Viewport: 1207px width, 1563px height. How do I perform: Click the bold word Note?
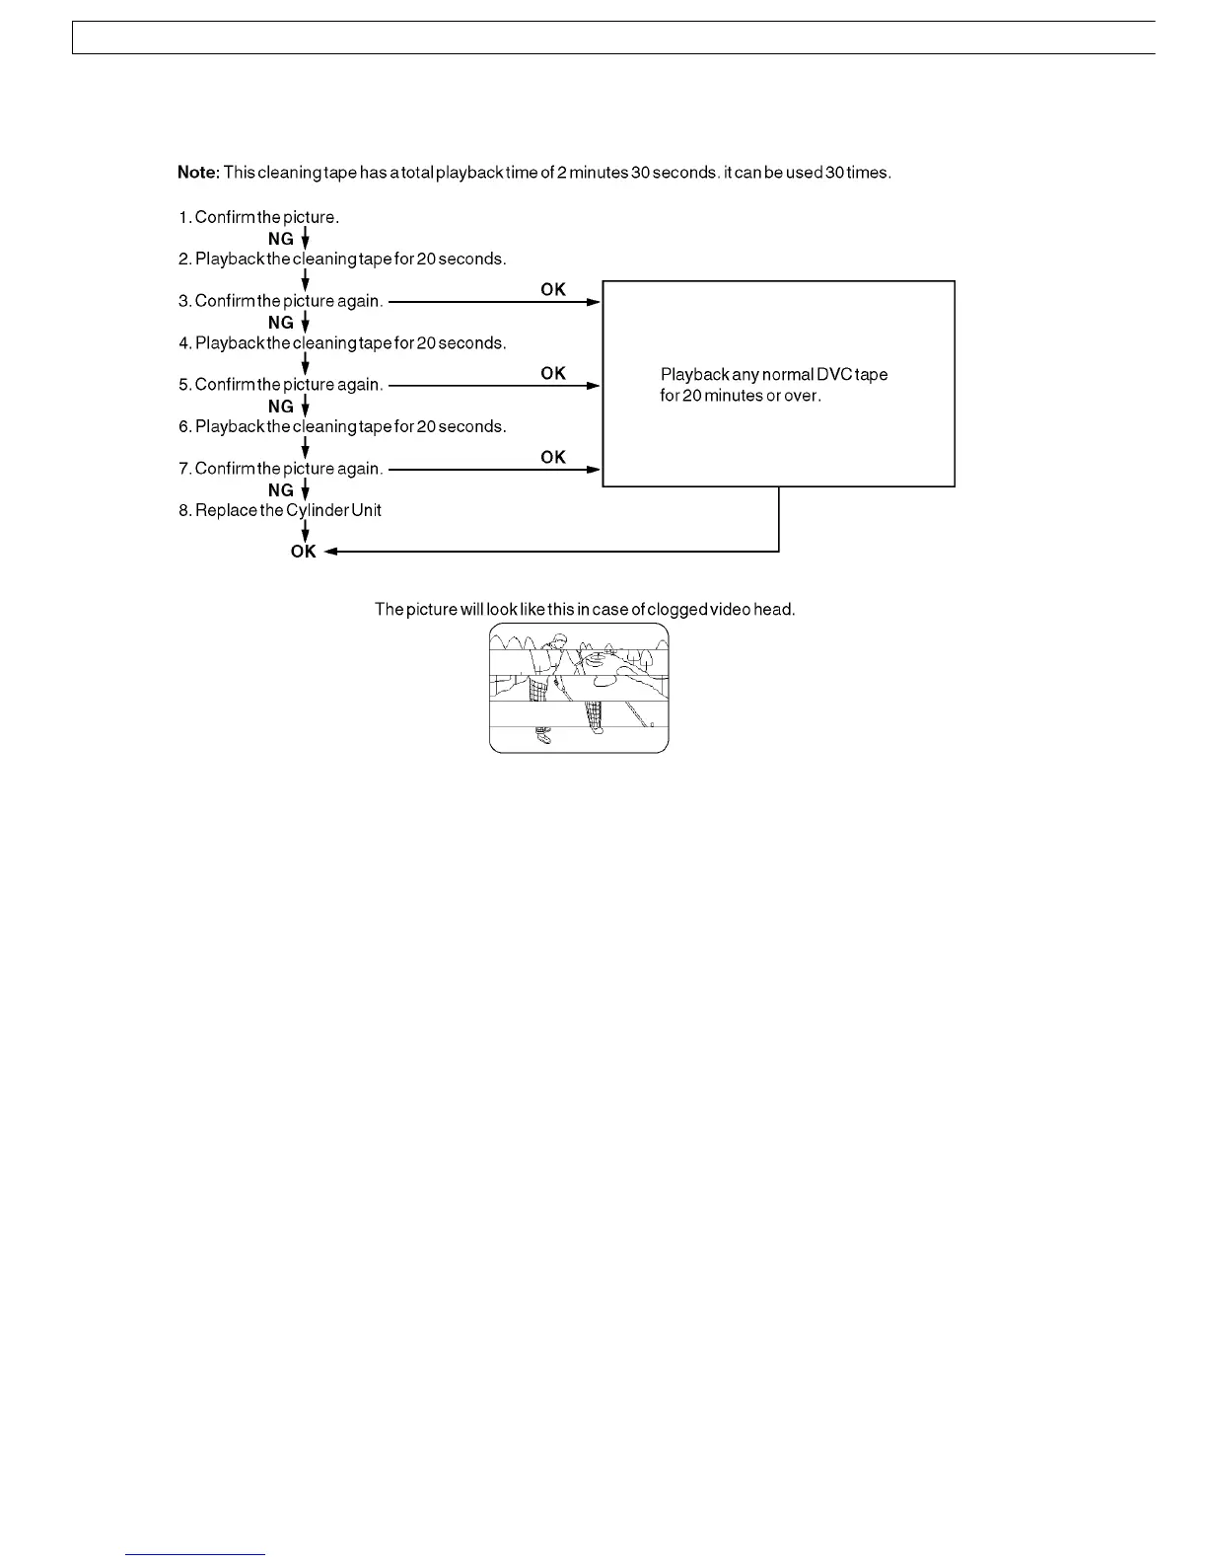pyautogui.click(x=198, y=173)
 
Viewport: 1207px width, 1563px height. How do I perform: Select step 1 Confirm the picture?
pyautogui.click(x=258, y=217)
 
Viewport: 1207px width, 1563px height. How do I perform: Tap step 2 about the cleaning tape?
pyautogui.click(x=342, y=260)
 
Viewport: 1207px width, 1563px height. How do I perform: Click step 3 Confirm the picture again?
pyautogui.click(x=280, y=301)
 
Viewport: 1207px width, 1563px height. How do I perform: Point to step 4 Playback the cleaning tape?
pyautogui.click(x=342, y=343)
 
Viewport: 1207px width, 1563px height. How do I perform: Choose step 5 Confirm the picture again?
pyautogui.click(x=280, y=385)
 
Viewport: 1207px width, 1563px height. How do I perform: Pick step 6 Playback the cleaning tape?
pyautogui.click(x=342, y=427)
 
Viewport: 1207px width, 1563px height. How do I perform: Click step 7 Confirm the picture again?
pyautogui.click(x=280, y=469)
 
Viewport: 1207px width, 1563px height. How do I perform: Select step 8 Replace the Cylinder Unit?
pyautogui.click(x=280, y=510)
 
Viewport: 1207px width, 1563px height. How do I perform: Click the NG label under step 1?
pyautogui.click(x=281, y=239)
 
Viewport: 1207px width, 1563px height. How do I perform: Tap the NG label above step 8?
pyautogui.click(x=281, y=490)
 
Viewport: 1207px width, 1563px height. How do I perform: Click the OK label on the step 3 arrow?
pyautogui.click(x=553, y=289)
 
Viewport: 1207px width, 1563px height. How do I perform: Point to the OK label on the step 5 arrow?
pyautogui.click(x=553, y=373)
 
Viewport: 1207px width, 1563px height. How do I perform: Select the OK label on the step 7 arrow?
pyautogui.click(x=553, y=457)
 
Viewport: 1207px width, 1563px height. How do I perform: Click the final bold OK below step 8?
pyautogui.click(x=303, y=552)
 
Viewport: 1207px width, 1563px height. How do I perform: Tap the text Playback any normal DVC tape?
pyautogui.click(x=774, y=375)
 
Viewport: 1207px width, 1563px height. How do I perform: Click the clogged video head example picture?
pyautogui.click(x=579, y=688)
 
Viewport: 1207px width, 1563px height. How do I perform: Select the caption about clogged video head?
pyautogui.click(x=585, y=610)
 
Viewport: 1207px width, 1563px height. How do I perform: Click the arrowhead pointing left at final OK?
pyautogui.click(x=331, y=552)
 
